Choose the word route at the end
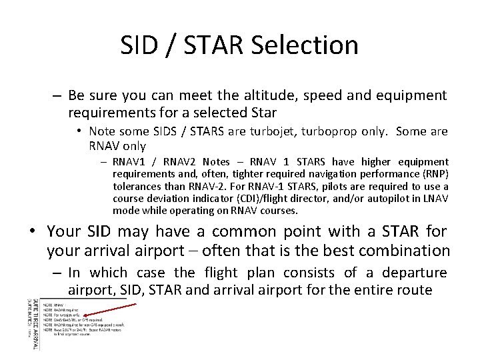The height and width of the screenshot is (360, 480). click(415, 291)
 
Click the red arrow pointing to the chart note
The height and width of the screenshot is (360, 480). click(113, 314)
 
